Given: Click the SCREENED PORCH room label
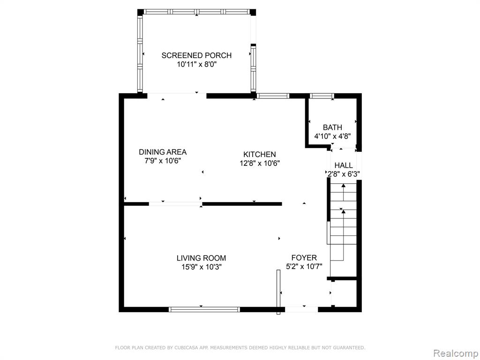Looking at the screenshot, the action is [196, 55].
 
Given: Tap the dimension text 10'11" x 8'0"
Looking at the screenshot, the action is [196, 65].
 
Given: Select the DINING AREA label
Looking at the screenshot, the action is [163, 152].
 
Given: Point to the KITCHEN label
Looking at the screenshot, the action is [260, 154].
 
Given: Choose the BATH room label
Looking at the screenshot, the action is [332, 127].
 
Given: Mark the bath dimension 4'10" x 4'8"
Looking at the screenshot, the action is [332, 136].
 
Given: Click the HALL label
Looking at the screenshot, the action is [344, 165].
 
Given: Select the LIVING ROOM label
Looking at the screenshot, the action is [202, 258].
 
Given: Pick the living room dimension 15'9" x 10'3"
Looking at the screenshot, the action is [202, 267].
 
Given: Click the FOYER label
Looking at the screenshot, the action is [304, 258].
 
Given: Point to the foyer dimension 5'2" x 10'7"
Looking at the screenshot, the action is [304, 267].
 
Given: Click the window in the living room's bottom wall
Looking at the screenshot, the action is [204, 309].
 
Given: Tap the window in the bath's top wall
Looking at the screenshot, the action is [322, 96].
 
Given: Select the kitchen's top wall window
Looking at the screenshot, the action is [273, 96].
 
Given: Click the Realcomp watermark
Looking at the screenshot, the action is [456, 353].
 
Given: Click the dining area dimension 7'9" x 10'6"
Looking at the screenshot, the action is [163, 161].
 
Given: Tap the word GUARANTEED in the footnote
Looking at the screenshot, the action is [350, 347].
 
